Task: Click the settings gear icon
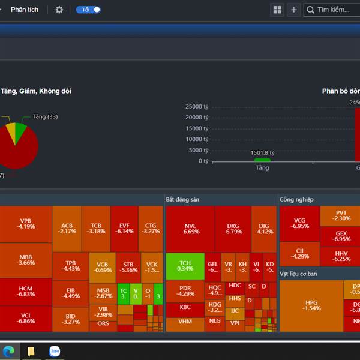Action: [x=59, y=10]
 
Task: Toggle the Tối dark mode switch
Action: [x=88, y=10]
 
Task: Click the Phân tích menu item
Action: [x=25, y=10]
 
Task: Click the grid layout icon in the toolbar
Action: [x=277, y=10]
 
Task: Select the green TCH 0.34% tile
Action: [x=185, y=265]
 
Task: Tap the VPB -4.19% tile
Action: [x=26, y=224]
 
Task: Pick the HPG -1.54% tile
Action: [x=311, y=305]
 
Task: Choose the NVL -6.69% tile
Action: [x=190, y=229]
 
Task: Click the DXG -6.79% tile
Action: [x=233, y=229]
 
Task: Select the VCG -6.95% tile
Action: [x=299, y=224]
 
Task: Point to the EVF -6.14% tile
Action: [x=124, y=229]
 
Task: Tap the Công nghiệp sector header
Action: [x=296, y=199]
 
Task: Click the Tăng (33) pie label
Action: [x=45, y=116]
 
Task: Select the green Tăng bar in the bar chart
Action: [x=262, y=160]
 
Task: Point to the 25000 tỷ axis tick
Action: [x=196, y=107]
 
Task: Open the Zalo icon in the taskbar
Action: [x=55, y=351]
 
